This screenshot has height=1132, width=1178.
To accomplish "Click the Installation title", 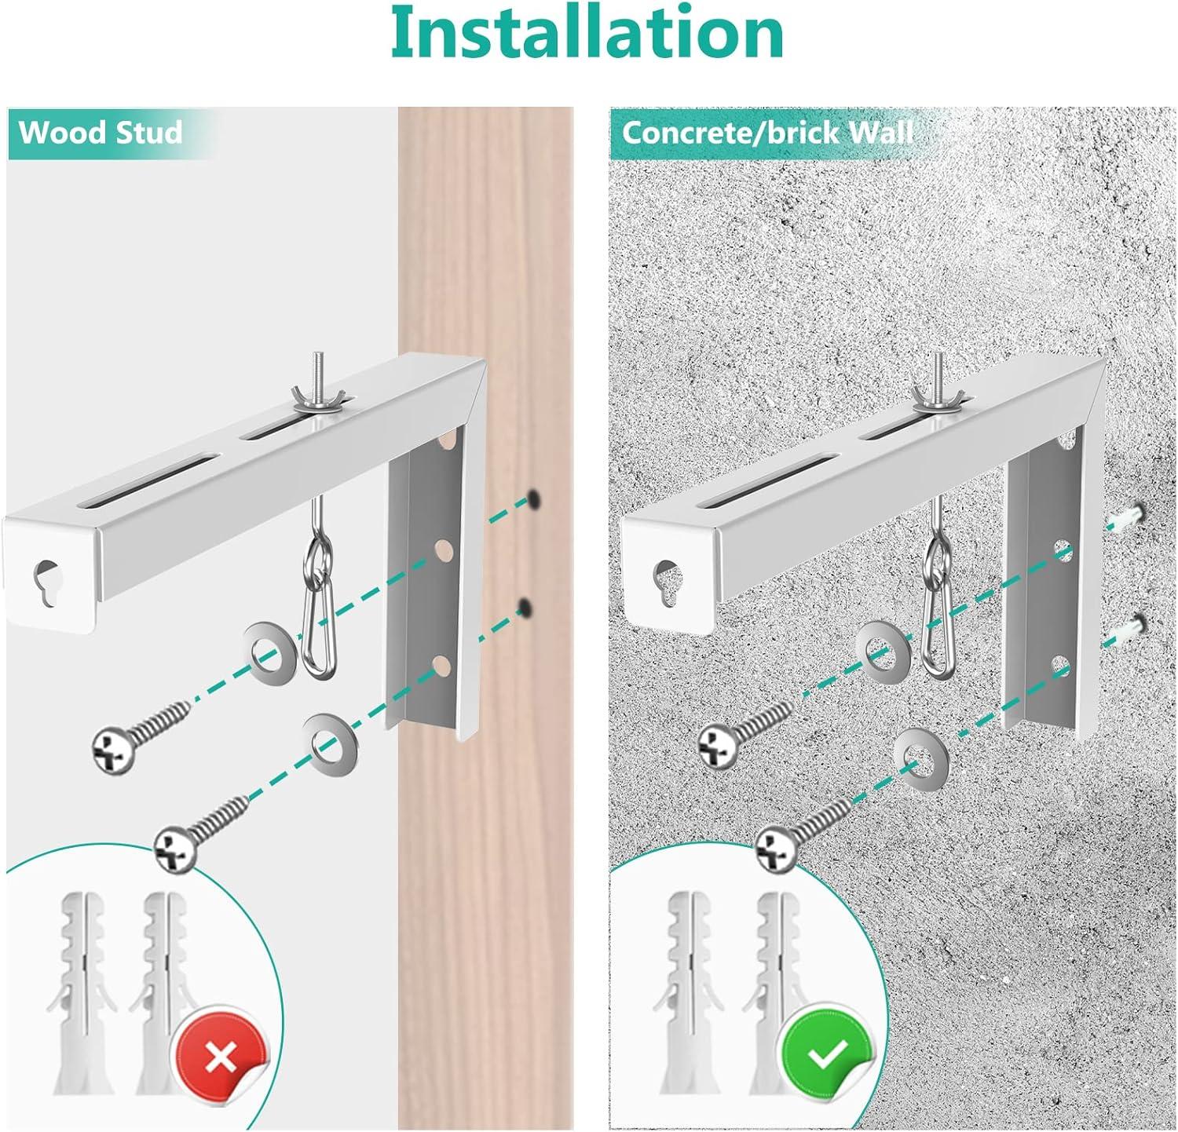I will coord(587,33).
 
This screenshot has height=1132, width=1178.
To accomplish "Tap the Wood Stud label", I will coord(101,132).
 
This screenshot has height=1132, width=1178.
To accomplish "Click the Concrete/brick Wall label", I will coord(767,132).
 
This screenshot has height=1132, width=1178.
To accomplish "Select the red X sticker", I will coord(220,1057).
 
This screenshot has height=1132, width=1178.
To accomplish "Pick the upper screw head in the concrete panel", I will coord(719,747).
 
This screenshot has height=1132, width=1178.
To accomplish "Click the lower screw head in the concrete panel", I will coord(777,850).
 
